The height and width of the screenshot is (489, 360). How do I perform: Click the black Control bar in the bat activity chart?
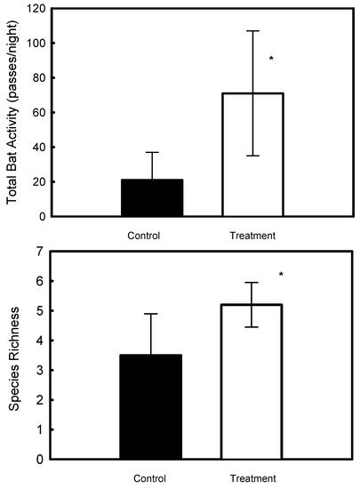click(x=151, y=197)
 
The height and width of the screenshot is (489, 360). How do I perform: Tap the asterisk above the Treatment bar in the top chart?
click(x=271, y=60)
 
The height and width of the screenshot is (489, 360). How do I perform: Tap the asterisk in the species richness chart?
click(x=281, y=275)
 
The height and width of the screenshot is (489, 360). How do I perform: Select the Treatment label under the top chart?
click(x=252, y=236)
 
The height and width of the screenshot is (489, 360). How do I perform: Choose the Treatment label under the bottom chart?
click(x=252, y=478)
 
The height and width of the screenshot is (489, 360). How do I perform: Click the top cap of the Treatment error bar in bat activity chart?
click(x=252, y=31)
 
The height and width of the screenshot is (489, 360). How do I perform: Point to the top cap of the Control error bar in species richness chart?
click(x=151, y=314)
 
